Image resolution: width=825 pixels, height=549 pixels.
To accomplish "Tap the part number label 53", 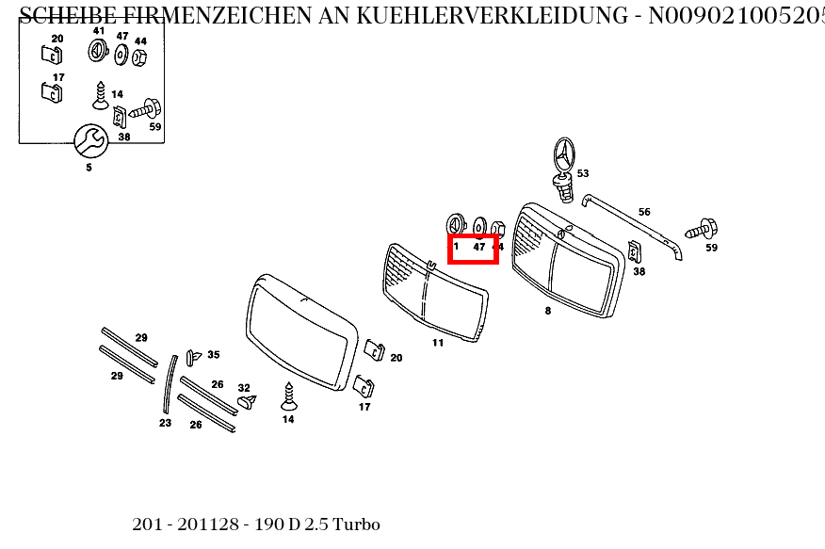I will click(x=583, y=173).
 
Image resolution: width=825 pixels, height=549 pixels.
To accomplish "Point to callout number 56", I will click(x=644, y=212).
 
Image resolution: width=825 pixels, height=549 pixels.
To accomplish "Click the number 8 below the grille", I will click(x=548, y=310).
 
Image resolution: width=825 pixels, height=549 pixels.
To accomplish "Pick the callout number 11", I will click(x=438, y=343).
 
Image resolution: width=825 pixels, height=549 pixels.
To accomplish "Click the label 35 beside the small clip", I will click(x=214, y=355).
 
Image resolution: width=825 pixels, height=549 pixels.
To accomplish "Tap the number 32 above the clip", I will click(x=244, y=388).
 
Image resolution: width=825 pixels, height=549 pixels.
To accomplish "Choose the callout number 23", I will click(x=165, y=423).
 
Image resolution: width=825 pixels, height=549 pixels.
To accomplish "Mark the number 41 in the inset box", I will click(x=99, y=31).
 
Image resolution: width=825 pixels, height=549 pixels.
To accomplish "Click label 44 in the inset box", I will click(x=140, y=41).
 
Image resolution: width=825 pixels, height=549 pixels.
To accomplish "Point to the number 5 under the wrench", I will click(x=89, y=168).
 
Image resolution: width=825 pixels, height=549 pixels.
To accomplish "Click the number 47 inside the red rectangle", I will click(x=478, y=247).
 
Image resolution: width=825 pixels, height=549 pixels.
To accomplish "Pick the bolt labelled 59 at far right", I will click(x=703, y=228).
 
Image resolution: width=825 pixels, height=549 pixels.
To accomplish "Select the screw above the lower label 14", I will click(x=289, y=396).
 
